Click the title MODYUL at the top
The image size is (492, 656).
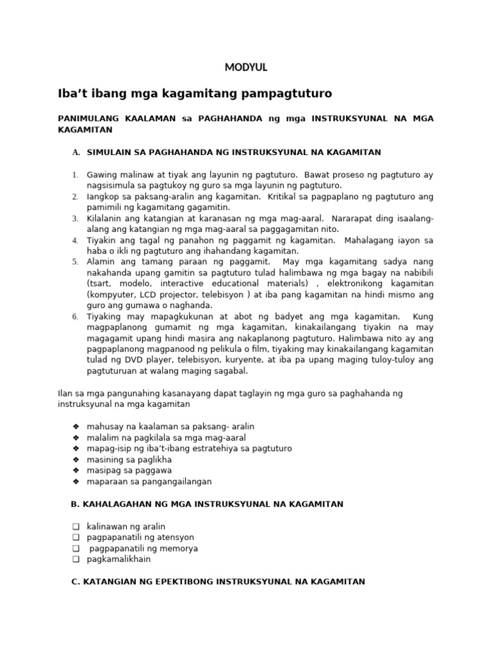pos(246,67)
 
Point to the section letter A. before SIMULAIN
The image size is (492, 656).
pos(76,152)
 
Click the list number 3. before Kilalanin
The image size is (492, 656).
pos(74,218)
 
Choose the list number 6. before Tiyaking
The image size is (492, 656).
pos(74,316)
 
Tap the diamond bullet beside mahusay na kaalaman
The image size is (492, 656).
pos(75,427)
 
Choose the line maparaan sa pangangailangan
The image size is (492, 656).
pos(149,481)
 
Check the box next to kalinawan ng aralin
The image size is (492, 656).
pos(75,527)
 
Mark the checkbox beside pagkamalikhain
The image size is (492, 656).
pos(75,559)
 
